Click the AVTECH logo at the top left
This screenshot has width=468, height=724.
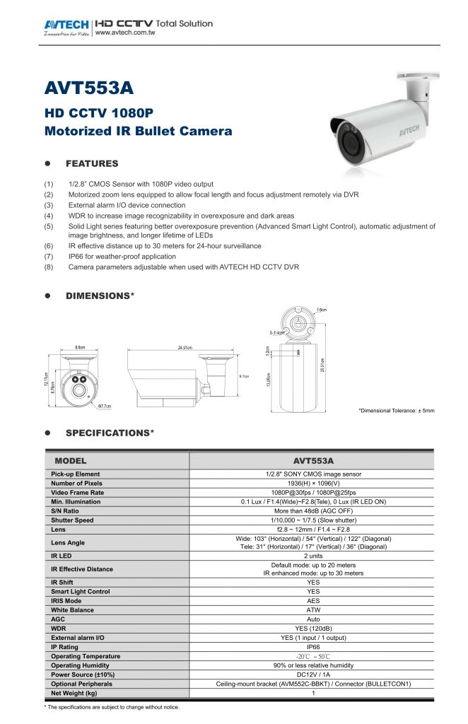[66, 26]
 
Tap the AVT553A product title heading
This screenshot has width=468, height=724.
[88, 89]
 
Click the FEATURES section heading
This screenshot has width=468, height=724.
[92, 164]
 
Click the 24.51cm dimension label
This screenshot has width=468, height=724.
[186, 347]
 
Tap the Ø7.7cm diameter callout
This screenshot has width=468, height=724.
[104, 406]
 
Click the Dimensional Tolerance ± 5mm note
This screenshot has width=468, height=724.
[396, 411]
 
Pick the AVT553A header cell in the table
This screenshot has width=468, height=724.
[313, 460]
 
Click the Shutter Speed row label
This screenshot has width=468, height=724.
[72, 520]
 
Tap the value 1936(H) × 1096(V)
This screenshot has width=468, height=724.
[313, 483]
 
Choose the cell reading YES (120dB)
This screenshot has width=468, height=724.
[313, 628]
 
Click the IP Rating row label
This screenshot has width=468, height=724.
[65, 646]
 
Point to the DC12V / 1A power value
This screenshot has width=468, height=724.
[313, 675]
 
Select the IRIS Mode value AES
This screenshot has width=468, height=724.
[313, 600]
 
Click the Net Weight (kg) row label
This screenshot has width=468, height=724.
[74, 693]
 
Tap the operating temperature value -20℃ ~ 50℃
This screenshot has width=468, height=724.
[313, 656]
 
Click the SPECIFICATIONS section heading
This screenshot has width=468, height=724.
[110, 432]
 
